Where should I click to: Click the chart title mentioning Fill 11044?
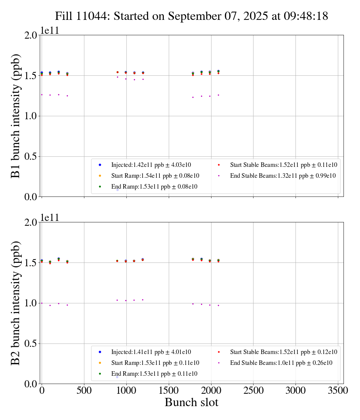coord(191,16)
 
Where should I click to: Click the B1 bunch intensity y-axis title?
coord(16,116)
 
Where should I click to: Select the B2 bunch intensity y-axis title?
coord(16,303)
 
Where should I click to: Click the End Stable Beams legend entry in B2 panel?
coord(281,363)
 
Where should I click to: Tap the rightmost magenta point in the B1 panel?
coord(218,95)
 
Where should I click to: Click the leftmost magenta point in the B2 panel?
coord(42,303)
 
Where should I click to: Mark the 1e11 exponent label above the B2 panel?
coord(50,218)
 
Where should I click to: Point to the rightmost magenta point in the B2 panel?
coord(218,305)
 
